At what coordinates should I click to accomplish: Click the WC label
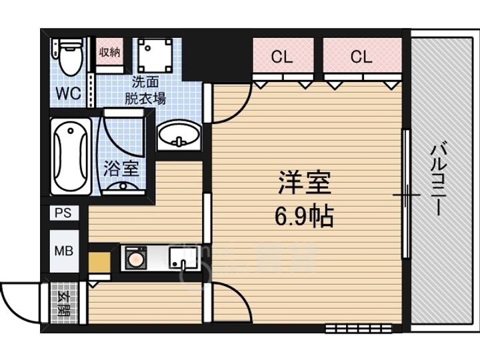pos(67,93)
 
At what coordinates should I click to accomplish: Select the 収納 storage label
pos(109,52)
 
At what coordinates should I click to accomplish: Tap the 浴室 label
pos(121,168)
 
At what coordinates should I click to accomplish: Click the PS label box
pos(63,213)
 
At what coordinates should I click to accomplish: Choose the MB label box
pos(64,251)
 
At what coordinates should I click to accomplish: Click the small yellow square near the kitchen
pos(99,261)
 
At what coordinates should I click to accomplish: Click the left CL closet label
pos(283,57)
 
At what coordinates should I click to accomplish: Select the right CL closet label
pos(361,57)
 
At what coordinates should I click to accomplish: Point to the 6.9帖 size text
pos(304,217)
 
